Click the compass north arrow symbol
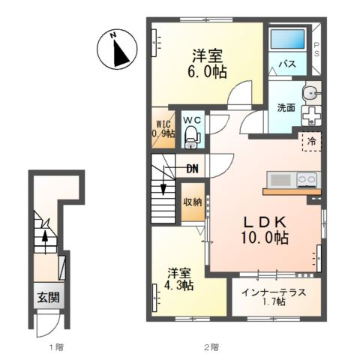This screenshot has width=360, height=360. point(117,49)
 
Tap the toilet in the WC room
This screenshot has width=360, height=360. point(192,137)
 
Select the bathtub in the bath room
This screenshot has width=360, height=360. point(288,40)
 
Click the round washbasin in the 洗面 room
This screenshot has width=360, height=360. point(311,93)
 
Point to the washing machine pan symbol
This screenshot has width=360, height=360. point(311,115)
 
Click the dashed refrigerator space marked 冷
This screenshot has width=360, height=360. point(311,142)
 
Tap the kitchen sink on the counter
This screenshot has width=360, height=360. point(281,179)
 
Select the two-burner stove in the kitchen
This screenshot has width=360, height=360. point(308,179)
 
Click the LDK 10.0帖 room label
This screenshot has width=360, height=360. point(265,230)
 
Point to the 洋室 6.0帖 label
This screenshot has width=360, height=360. point(207,64)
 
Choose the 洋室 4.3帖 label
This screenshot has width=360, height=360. point(180,279)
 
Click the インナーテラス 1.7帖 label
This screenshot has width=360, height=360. point(274,297)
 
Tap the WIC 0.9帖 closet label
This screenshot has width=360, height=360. point(163,129)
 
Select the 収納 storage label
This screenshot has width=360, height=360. point(193,202)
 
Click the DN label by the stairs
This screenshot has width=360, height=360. point(193,169)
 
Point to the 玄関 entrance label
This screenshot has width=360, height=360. point(49,298)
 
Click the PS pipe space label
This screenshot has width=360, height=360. point(316,49)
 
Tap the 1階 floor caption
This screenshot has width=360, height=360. point(56,347)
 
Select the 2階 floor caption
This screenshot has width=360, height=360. point(211,347)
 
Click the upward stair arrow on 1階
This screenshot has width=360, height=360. point(45,242)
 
